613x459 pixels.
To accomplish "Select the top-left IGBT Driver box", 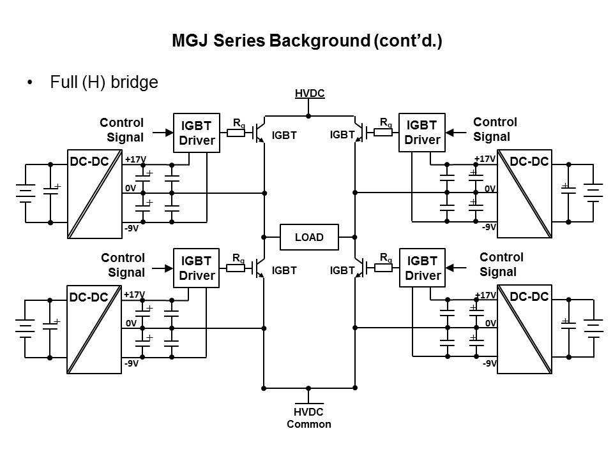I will point(197,133).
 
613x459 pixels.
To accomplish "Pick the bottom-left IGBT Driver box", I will point(197,268).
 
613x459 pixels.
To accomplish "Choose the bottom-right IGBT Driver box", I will point(422,268).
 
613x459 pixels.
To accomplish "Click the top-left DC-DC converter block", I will point(95,194).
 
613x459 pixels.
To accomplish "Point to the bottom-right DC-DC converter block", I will point(524,330).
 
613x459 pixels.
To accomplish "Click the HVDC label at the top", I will point(310,94).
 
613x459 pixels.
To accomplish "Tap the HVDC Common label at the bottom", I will point(309,418).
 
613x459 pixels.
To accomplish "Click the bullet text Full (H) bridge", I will point(103,83).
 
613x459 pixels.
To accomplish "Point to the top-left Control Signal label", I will point(122,129).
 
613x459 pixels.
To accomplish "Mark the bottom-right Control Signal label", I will point(501,264).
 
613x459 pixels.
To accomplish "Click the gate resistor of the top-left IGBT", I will point(236,133).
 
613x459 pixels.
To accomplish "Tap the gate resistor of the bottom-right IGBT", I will point(383,268).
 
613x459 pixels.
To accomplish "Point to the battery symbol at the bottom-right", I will point(594,328).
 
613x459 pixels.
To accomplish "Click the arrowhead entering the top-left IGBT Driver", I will point(169,133).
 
